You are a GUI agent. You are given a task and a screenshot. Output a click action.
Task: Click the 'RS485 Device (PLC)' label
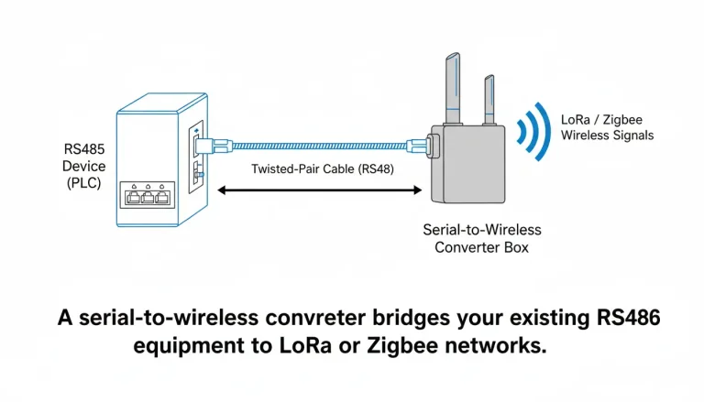[x=84, y=167]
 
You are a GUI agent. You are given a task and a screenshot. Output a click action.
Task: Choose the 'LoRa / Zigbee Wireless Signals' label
[x=607, y=128]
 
